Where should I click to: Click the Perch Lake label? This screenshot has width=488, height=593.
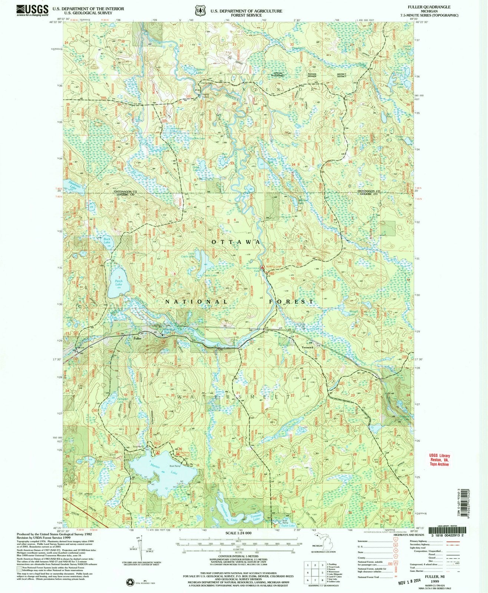pyautogui.click(x=118, y=281)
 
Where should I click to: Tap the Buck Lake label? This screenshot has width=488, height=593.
pyautogui.click(x=107, y=241)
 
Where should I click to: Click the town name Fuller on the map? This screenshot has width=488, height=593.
pyautogui.click(x=138, y=338)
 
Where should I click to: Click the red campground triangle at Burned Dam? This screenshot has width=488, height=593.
pyautogui.click(x=263, y=266)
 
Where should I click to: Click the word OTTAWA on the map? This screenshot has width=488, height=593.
pyautogui.click(x=234, y=242)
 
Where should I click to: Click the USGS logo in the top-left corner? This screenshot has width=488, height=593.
pyautogui.click(x=32, y=10)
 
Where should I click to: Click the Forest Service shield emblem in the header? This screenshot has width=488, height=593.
pyautogui.click(x=201, y=10)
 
